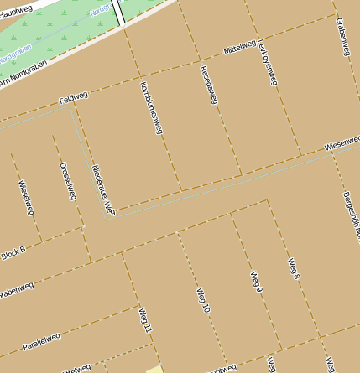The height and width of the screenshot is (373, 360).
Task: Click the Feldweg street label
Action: (x=74, y=98)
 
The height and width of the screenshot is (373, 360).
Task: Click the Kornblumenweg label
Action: (x=152, y=108)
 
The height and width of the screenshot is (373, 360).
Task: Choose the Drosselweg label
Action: (x=68, y=179)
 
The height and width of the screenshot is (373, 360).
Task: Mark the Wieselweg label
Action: (x=25, y=197)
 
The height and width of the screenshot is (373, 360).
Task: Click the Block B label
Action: (x=13, y=251)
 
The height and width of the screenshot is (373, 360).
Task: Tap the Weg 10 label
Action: (x=202, y=301)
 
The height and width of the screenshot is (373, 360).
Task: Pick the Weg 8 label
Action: (x=294, y=268)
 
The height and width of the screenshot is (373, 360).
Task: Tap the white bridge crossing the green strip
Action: (x=119, y=12)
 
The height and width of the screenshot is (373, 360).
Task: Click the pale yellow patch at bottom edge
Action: (x=154, y=368)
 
